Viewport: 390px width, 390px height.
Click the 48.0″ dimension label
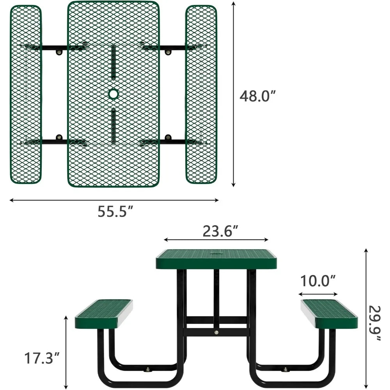[258, 96]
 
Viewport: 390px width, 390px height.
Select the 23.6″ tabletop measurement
[221, 231]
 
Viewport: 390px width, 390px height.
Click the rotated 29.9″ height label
[374, 323]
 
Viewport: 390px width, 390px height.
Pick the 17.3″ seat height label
[42, 358]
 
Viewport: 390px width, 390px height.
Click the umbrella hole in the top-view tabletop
[113, 94]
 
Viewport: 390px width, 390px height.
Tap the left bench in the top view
[26, 94]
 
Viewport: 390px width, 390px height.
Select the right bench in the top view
[201, 94]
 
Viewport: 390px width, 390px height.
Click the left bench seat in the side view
[104, 314]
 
